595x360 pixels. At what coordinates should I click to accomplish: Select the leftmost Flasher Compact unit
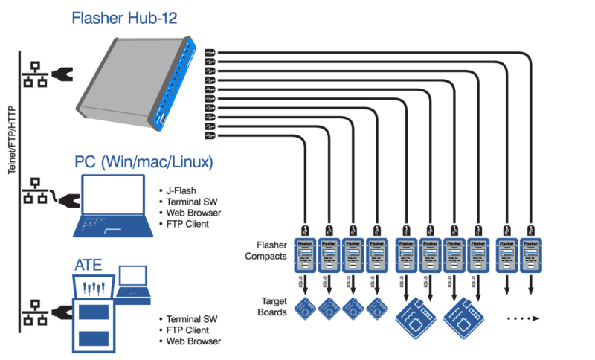[x=306, y=254]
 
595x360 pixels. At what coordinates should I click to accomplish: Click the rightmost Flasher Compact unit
[x=531, y=254]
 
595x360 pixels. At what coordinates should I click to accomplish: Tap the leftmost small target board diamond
[x=306, y=309]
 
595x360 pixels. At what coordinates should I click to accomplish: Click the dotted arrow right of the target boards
[x=524, y=318]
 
